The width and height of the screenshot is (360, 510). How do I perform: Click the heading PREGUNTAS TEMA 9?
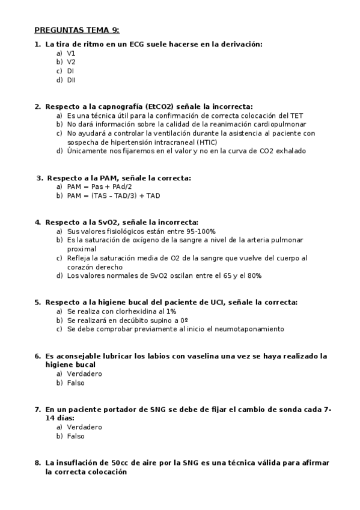coord(76,29)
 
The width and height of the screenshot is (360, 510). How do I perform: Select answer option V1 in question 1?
coord(71,53)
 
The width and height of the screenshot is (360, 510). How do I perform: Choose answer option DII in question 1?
coord(71,79)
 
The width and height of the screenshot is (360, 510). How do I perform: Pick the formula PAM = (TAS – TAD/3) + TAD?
coord(114,195)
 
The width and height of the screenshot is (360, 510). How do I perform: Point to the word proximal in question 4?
coord(81,248)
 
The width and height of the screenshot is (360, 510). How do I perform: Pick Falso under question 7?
coord(76,436)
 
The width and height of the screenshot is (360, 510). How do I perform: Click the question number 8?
coord(37,463)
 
